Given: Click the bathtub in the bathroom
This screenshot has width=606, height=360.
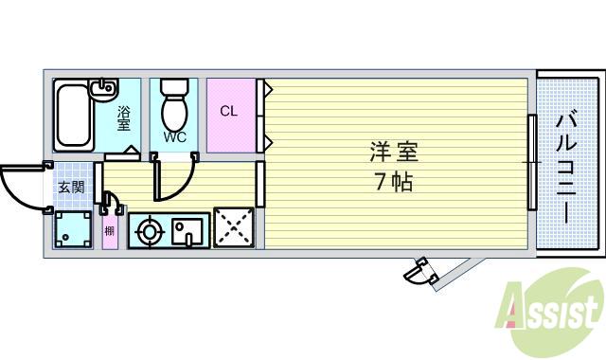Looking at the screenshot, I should [72, 116].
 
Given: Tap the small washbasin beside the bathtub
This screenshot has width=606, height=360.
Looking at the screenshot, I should [102, 91].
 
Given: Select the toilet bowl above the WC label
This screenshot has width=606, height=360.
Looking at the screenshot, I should [174, 108].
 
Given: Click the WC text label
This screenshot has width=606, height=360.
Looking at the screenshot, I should [174, 137].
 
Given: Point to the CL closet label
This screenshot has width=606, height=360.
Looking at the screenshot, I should [229, 111].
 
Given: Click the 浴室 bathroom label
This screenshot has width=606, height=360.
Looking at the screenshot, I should [123, 118].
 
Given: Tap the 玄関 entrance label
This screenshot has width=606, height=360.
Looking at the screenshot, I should [71, 188].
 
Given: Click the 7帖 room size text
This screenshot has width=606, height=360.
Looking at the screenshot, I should [394, 182].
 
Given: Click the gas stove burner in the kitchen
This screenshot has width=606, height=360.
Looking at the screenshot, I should [149, 230].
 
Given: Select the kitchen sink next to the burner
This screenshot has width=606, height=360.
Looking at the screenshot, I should [187, 230].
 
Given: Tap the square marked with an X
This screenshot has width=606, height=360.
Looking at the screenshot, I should [232, 228].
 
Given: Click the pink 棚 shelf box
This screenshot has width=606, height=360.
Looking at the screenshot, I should [110, 230].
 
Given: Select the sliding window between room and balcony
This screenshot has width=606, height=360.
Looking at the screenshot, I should [533, 163].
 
